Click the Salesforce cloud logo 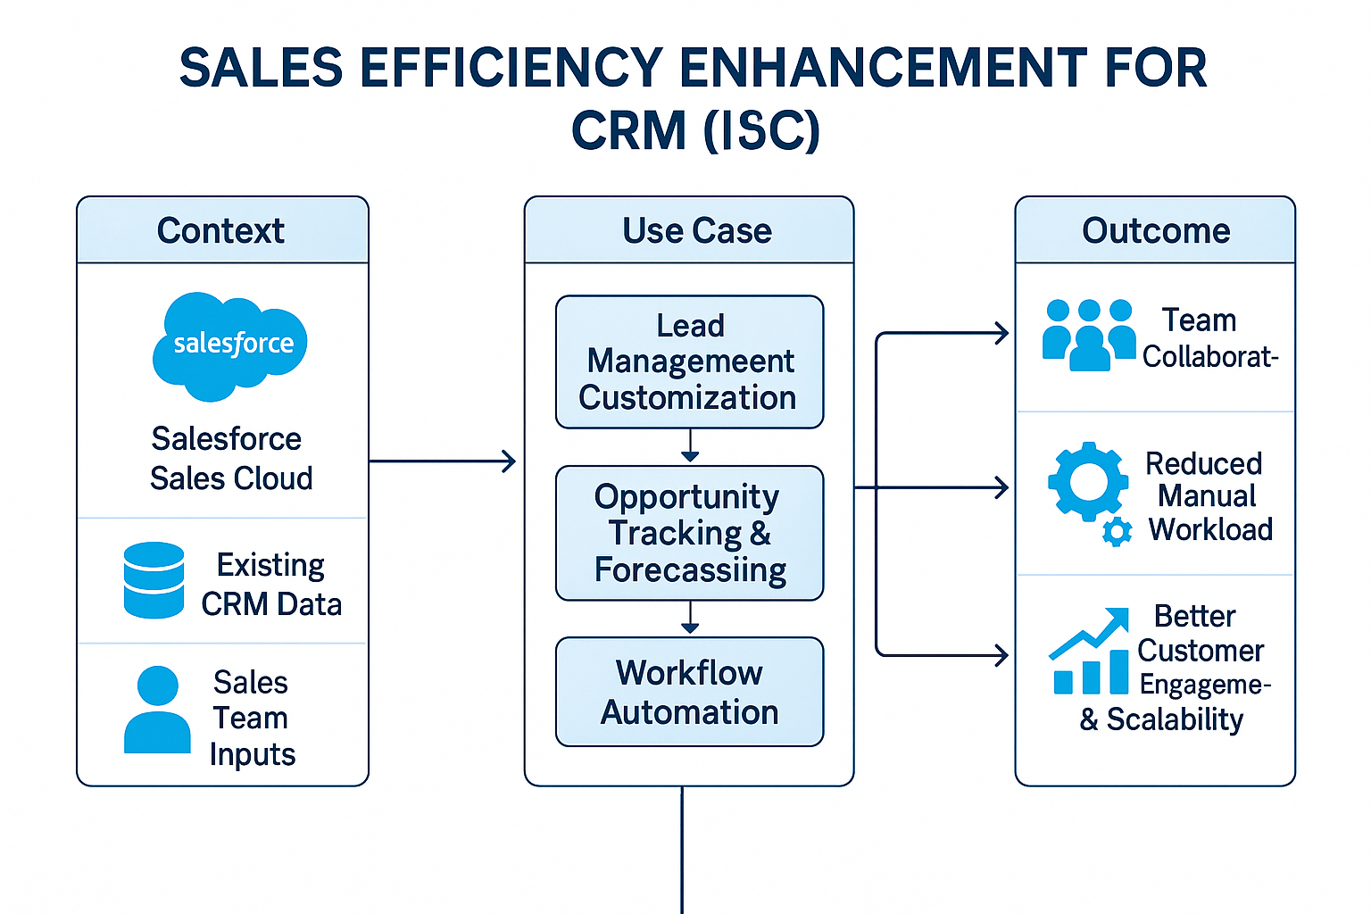pyautogui.click(x=230, y=345)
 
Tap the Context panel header pyautogui.click(x=222, y=230)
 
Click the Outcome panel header pyautogui.click(x=1155, y=230)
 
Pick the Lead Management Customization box pyautogui.click(x=689, y=361)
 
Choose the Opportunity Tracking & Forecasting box pyautogui.click(x=689, y=533)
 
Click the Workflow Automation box pyautogui.click(x=689, y=692)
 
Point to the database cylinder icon pyautogui.click(x=154, y=580)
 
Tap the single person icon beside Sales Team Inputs pyautogui.click(x=157, y=710)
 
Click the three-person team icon pyautogui.click(x=1089, y=335)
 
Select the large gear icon pyautogui.click(x=1087, y=482)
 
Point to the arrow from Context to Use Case pyautogui.click(x=442, y=461)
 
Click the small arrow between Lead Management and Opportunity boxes pyautogui.click(x=689, y=447)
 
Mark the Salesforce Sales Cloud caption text pyautogui.click(x=230, y=459)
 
